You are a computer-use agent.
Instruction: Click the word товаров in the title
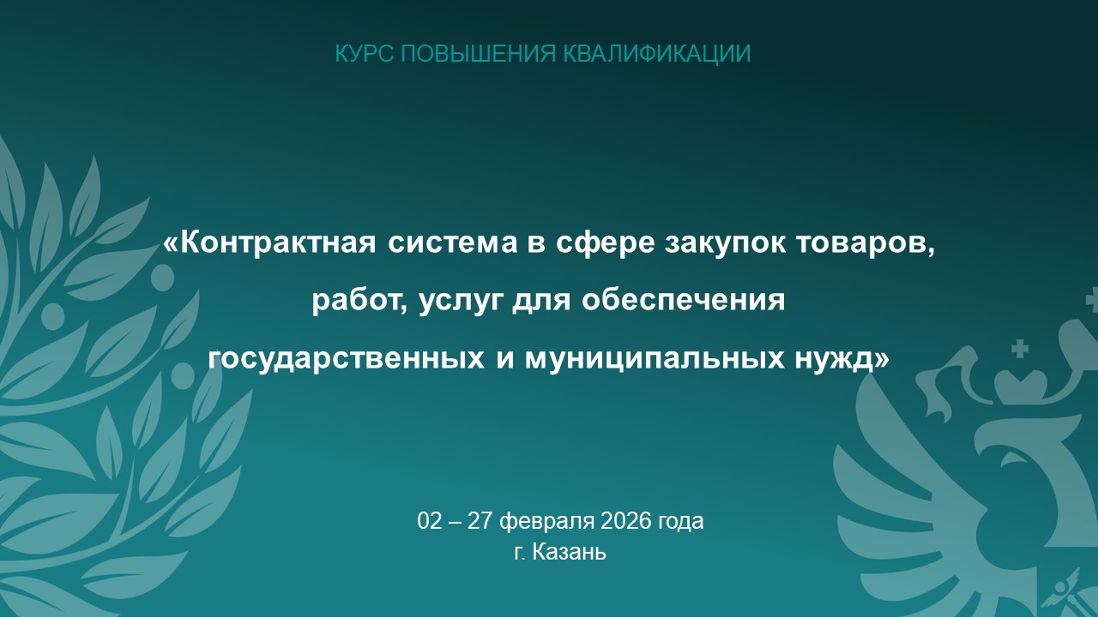pyautogui.click(x=866, y=243)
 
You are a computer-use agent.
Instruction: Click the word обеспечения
pyautogui.click(x=684, y=300)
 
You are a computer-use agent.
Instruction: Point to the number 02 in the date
pyautogui.click(x=430, y=521)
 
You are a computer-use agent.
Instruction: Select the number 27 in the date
pyautogui.click(x=480, y=521)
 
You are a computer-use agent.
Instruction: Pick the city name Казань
pyautogui.click(x=569, y=553)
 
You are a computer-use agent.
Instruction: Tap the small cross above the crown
pyautogui.click(x=1020, y=349)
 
